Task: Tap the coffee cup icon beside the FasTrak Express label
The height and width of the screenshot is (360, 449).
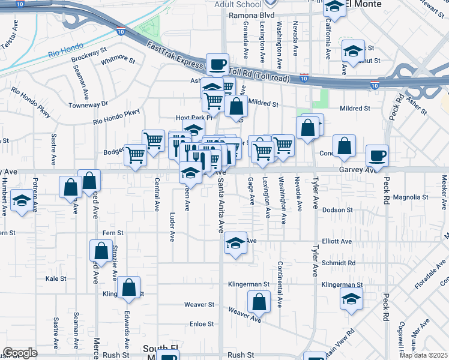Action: coord(218,64)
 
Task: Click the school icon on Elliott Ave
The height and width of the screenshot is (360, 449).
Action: coord(235,242)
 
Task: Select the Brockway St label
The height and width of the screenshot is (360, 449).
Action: coord(88,57)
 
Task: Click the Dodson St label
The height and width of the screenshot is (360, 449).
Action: coord(337,210)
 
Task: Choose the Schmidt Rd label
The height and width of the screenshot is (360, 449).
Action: coord(338,263)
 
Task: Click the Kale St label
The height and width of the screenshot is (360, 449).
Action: coord(55,279)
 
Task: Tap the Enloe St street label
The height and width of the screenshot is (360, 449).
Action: coord(202,324)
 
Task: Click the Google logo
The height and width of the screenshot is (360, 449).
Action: coord(20,353)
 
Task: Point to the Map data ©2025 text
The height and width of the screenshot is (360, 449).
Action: coord(424,356)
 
